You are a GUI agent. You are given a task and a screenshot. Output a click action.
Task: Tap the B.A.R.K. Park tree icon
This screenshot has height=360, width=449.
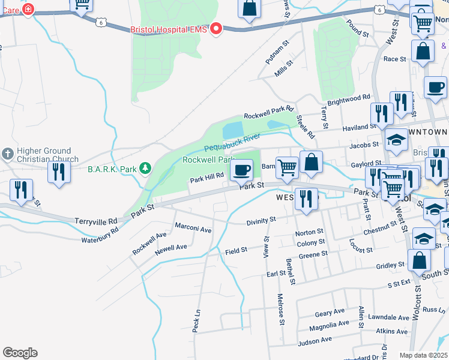coord(145,169)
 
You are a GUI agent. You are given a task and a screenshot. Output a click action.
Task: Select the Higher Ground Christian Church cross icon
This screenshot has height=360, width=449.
coord(7,155)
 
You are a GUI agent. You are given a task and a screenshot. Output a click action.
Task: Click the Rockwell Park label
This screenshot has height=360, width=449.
coord(208,160)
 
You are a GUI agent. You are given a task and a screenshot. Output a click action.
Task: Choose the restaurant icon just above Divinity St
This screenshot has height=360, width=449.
coord(307,200)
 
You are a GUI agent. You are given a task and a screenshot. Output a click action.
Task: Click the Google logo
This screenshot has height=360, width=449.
coord(20,353)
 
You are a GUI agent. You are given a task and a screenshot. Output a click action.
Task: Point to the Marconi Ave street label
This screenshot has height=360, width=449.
coord(193,229)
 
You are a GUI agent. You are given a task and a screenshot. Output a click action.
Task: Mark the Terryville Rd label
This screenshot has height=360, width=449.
coord(96,221)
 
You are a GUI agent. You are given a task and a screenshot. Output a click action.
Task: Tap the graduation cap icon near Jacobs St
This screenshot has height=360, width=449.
coord(396,140)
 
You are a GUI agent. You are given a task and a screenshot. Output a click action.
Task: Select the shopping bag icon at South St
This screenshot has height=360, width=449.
coord(419,261)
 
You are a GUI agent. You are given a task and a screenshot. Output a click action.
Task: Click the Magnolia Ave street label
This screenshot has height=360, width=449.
coord(329,324)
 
